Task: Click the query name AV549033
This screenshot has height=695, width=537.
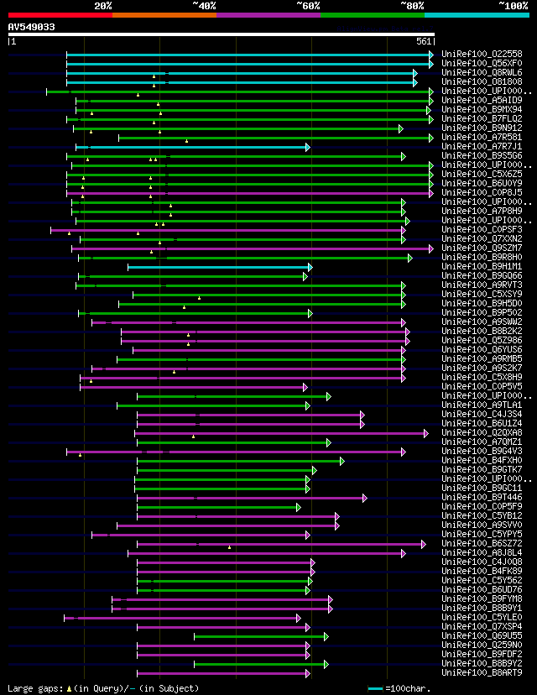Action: point(32,27)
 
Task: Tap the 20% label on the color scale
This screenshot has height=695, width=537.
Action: point(103,5)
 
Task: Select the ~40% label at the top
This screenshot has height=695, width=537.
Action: point(204,5)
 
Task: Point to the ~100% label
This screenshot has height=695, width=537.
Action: point(513,5)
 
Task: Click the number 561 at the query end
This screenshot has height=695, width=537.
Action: point(424,41)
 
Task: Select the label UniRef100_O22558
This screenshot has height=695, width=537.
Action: point(481,54)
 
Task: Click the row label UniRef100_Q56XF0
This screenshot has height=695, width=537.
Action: point(481,63)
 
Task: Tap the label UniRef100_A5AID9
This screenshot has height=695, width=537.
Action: point(481,100)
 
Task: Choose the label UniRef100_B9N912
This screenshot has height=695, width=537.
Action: point(481,128)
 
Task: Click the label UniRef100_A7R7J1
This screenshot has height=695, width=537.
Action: point(481,146)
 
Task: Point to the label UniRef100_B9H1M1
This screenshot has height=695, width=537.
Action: point(481,266)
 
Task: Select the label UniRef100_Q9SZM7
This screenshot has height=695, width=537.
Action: point(481,248)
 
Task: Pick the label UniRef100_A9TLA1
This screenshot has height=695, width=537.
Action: point(481,405)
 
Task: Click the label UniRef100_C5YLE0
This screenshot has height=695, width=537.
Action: point(481,617)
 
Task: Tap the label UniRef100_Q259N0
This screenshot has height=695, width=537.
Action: point(481,645)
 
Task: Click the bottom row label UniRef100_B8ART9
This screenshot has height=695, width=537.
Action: point(481,672)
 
